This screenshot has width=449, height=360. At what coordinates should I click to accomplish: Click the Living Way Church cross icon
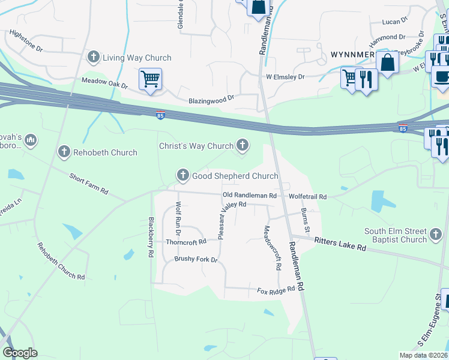click(93, 58)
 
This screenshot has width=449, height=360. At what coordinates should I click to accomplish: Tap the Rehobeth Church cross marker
click(64, 152)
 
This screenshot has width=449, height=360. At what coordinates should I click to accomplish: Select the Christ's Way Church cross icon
click(243, 145)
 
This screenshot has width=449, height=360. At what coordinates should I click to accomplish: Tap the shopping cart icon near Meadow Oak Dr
click(150, 78)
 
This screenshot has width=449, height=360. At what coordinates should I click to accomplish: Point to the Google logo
click(20, 353)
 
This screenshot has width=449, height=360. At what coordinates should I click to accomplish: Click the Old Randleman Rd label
click(249, 196)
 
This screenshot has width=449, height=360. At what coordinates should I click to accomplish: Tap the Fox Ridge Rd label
click(276, 290)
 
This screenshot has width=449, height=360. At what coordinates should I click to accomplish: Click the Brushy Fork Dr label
click(195, 259)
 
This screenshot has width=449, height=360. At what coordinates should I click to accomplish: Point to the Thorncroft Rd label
click(185, 242)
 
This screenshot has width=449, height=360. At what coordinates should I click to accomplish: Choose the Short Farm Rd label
click(88, 184)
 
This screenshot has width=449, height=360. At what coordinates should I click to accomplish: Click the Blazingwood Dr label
click(211, 101)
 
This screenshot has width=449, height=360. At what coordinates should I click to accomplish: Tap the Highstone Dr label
click(26, 42)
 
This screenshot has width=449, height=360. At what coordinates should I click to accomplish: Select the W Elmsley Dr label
click(285, 77)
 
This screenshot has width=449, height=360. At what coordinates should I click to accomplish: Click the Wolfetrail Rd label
click(307, 197)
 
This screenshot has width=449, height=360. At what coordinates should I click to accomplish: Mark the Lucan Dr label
click(394, 22)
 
